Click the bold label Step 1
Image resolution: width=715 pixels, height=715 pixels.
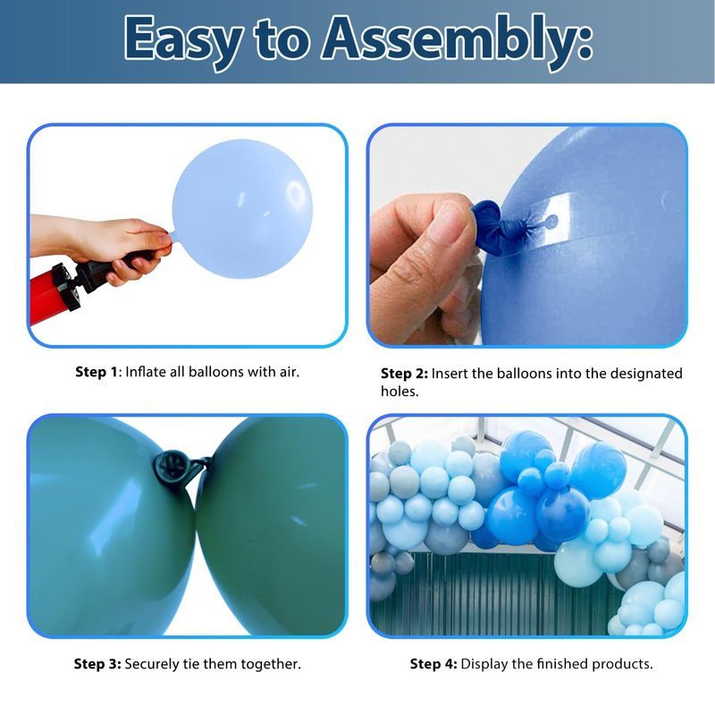(x=97, y=372)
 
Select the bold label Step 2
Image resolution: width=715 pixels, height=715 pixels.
(x=404, y=374)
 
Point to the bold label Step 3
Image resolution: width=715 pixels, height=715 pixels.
(x=97, y=664)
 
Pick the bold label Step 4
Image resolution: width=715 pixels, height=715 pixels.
(x=433, y=664)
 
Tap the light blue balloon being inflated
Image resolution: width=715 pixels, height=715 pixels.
(x=242, y=209)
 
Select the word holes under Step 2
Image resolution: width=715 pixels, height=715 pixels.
(x=400, y=391)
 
